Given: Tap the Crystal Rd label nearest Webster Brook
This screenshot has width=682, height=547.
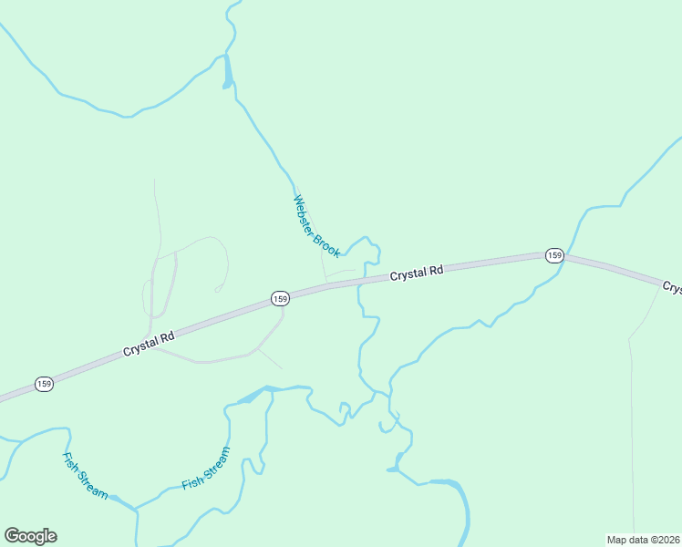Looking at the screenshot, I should point(417,273).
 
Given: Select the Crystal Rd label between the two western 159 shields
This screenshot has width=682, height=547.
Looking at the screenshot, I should point(149,344).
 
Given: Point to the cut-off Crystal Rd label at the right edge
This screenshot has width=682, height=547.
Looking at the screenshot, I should point(673,288).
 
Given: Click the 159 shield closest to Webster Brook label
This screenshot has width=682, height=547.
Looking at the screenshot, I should point(280,298).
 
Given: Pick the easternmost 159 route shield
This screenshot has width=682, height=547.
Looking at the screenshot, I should point(554,255).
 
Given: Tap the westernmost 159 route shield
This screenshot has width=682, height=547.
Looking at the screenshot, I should point(44,384).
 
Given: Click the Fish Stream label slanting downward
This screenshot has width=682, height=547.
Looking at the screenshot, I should point(85,475).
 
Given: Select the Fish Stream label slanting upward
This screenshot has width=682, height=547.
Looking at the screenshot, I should point(205,469).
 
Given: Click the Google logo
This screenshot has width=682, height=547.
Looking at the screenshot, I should point(30,536).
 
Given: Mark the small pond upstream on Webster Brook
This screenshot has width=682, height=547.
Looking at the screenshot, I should point(228,73).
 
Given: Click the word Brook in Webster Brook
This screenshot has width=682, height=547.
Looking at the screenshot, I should point(326,243).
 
